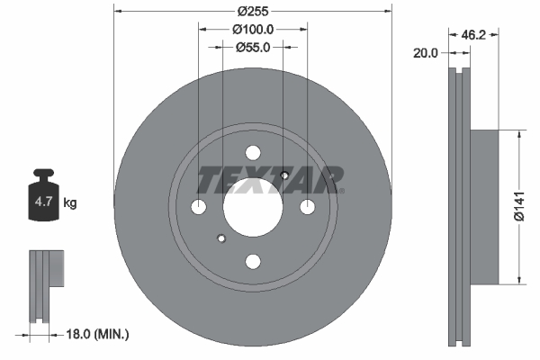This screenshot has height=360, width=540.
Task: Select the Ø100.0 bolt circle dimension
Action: tap(253, 30)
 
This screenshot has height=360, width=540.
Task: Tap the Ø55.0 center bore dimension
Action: tap(254, 47)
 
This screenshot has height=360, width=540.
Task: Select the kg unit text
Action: tap(70, 203)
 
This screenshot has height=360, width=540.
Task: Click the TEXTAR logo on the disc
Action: tap(270, 180)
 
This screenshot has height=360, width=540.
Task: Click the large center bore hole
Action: tap(253, 207)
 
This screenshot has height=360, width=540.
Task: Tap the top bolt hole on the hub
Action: tap(253, 153)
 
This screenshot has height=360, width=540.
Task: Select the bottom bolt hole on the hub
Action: tap(253, 261)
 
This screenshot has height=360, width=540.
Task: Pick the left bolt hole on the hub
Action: tap(199, 207)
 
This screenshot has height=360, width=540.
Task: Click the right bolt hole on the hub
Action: tap(307, 207)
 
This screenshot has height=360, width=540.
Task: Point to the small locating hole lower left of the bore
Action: tap(221, 238)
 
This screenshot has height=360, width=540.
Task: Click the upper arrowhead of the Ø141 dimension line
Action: tap(518, 134)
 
